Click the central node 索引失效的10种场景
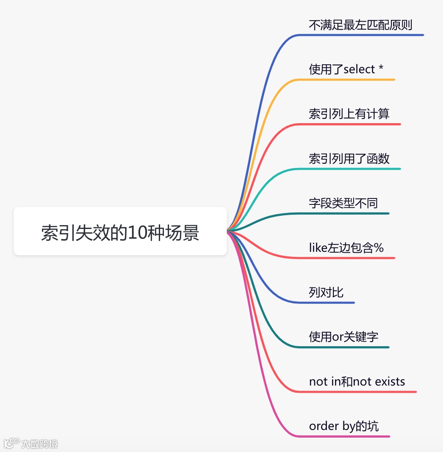[120, 232]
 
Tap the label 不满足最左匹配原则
[360, 25]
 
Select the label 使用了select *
[346, 69]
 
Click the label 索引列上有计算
[349, 114]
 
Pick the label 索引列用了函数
[349, 159]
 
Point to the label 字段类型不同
[343, 203]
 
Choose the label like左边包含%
[346, 248]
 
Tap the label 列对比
[326, 292]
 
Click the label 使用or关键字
[343, 337]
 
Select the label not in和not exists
[357, 382]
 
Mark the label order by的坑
[344, 426]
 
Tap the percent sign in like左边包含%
[379, 248]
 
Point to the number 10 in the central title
[136, 233]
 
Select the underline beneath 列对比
[330, 303]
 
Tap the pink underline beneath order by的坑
[347, 436]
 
